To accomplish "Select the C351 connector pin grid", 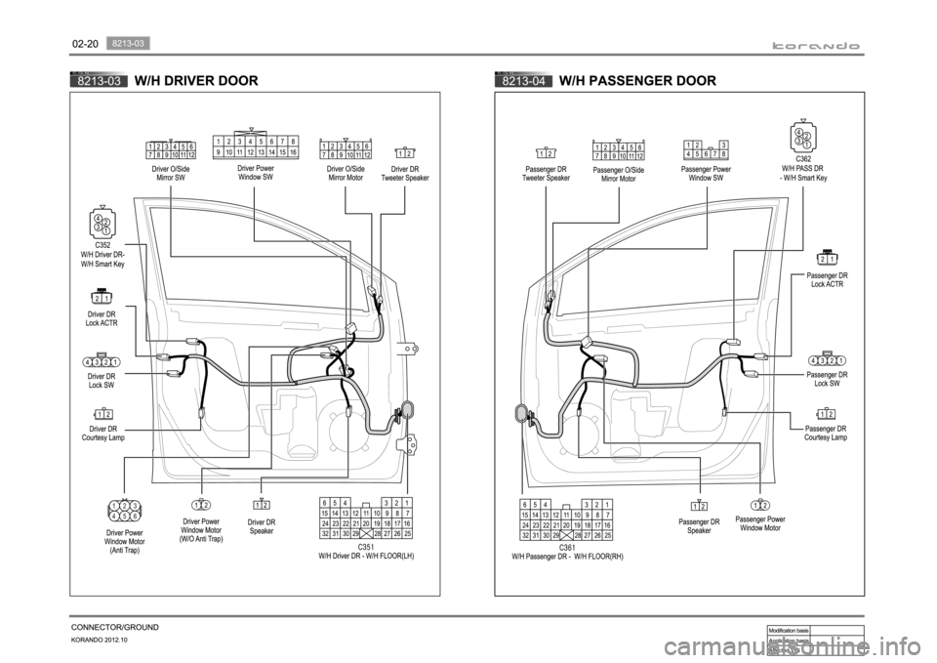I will pyautogui.click(x=367, y=518).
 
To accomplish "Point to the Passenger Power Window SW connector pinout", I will pyautogui.click(x=707, y=148).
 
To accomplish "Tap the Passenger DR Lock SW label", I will pyautogui.click(x=826, y=379).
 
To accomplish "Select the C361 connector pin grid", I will pyautogui.click(x=567, y=520).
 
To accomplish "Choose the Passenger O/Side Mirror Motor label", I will pyautogui.click(x=619, y=174).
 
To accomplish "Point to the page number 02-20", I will pyautogui.click(x=85, y=45).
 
